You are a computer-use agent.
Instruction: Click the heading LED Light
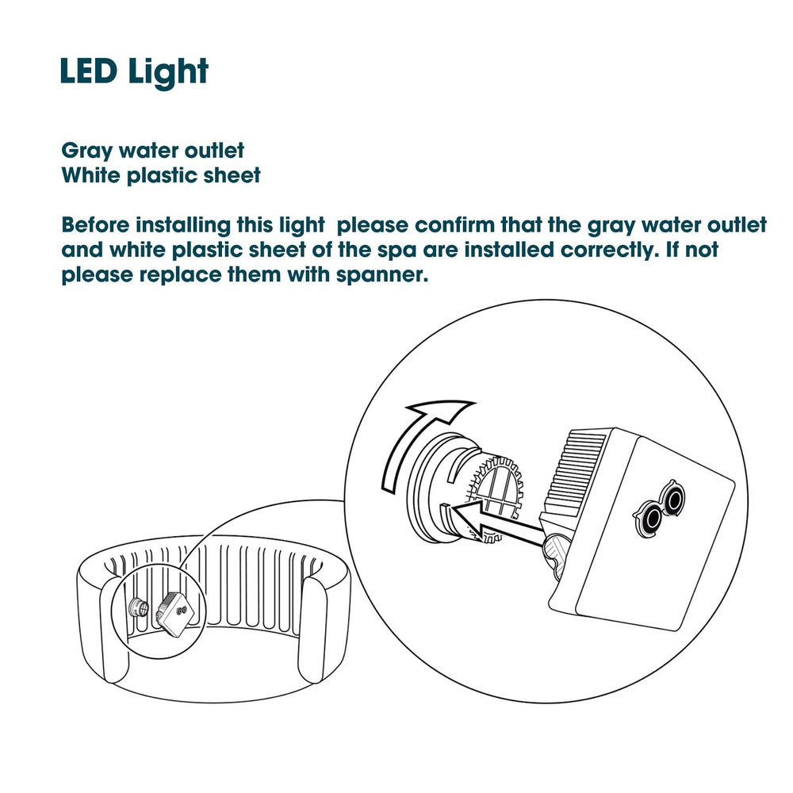pyautogui.click(x=134, y=72)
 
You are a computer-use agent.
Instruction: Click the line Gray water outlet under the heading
pyautogui.click(x=153, y=151)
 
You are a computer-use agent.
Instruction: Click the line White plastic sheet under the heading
pyautogui.click(x=161, y=175)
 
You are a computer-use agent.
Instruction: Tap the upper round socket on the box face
pyautogui.click(x=675, y=498)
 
